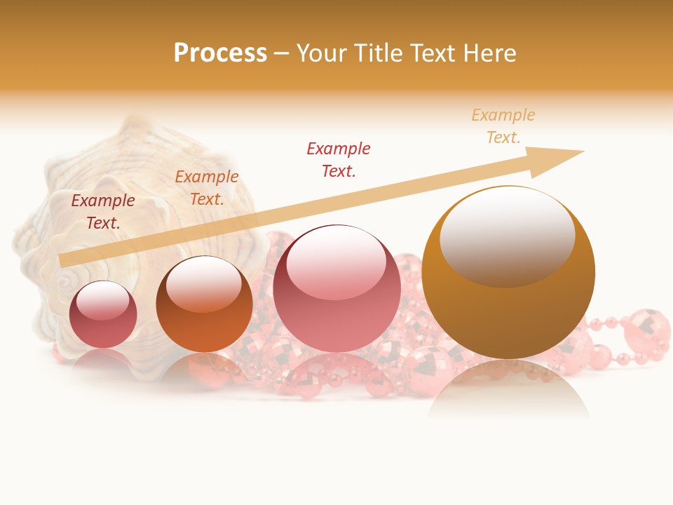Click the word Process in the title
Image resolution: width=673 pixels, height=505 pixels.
point(220,53)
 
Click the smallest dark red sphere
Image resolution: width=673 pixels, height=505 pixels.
point(103,314)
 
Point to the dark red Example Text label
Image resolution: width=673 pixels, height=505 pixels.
point(103,212)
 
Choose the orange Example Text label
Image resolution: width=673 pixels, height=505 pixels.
point(207,188)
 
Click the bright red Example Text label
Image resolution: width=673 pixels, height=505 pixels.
point(339,159)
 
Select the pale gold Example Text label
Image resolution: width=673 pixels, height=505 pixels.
point(503,126)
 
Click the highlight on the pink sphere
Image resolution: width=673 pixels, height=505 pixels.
point(336,262)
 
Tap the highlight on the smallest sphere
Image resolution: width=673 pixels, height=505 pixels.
point(102,299)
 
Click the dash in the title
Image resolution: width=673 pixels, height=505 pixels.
point(282,53)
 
